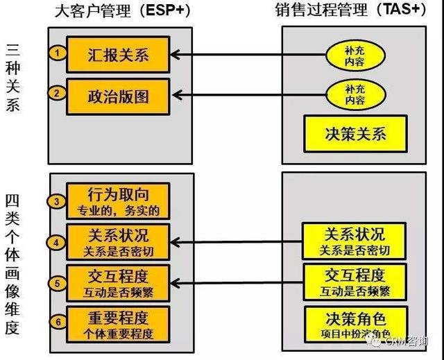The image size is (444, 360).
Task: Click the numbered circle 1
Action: (59, 53)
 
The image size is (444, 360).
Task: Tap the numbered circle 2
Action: (59, 92)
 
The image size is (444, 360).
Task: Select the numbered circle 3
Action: (58, 201)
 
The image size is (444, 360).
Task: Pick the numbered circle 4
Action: (58, 242)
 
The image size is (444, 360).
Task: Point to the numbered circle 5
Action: (58, 282)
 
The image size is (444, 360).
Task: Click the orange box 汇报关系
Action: (118, 54)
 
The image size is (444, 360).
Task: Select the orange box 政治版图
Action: (118, 95)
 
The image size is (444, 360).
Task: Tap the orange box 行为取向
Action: (118, 200)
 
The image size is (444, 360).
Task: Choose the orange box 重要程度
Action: (118, 323)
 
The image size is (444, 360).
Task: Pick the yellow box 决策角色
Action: (355, 323)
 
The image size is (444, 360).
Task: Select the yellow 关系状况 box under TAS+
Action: (355, 241)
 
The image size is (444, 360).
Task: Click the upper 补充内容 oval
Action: (355, 55)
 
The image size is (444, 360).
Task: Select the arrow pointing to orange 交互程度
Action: (236, 282)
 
